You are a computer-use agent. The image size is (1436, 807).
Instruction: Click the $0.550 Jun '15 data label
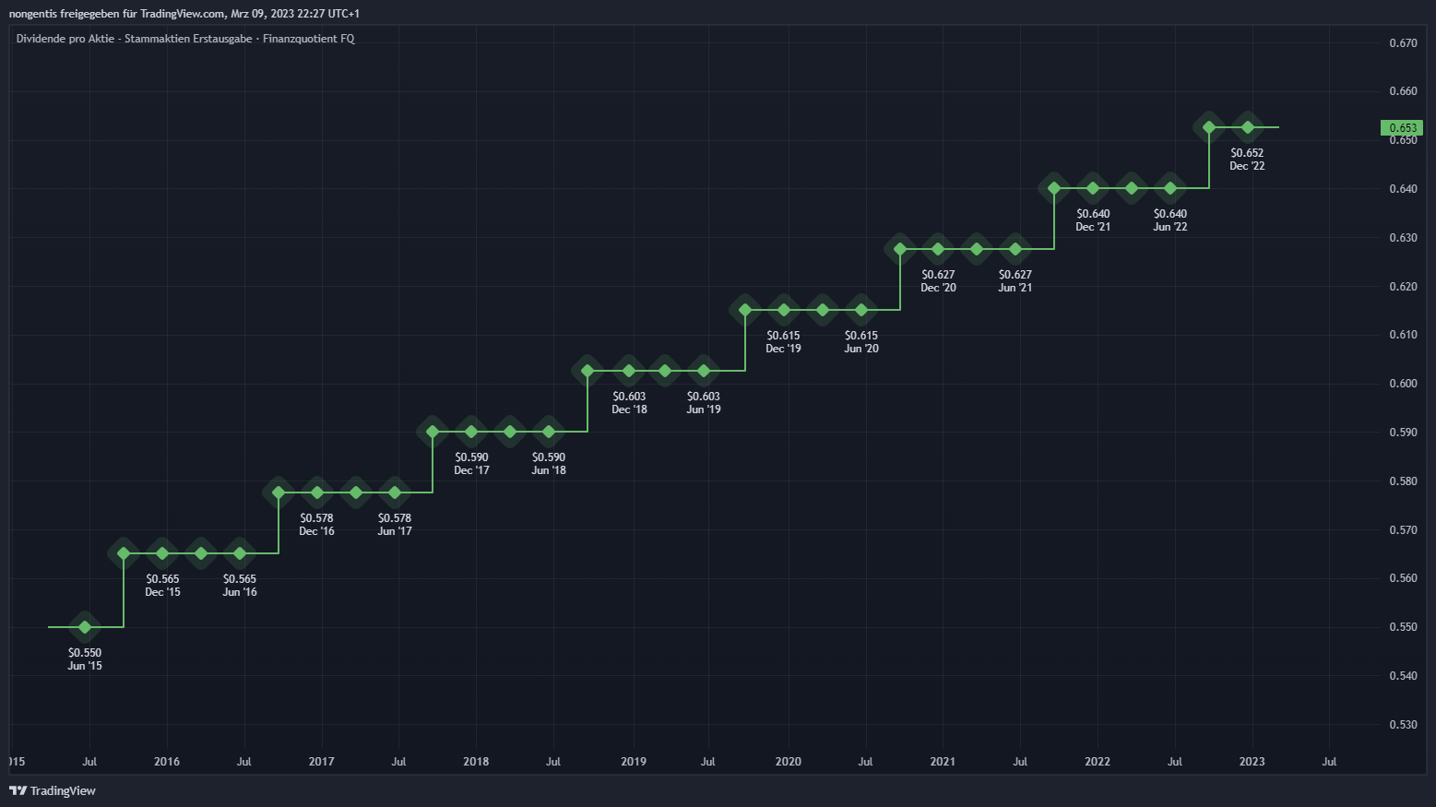click(85, 659)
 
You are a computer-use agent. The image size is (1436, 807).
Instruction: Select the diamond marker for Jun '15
click(85, 627)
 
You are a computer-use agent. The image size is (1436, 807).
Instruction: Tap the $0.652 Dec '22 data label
click(1247, 159)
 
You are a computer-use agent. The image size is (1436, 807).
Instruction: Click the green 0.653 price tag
click(1402, 128)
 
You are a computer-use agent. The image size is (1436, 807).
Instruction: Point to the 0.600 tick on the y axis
click(1403, 384)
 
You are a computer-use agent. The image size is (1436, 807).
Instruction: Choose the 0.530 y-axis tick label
click(1403, 725)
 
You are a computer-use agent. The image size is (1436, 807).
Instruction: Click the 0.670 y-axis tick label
click(1403, 43)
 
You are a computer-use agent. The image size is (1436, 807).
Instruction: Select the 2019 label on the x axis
click(634, 762)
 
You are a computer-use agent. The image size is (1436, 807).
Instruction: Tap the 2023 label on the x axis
click(1252, 762)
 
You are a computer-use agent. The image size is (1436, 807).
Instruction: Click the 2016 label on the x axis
click(167, 762)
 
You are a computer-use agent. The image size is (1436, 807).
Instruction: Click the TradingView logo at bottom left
click(53, 790)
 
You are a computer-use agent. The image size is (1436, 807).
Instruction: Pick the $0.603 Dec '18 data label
click(629, 402)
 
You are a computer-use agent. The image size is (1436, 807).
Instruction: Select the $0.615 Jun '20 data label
click(861, 341)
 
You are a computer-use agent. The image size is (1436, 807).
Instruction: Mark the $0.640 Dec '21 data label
click(1093, 220)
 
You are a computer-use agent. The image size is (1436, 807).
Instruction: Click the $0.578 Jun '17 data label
click(395, 524)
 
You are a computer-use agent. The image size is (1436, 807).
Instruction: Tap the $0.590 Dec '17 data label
click(471, 463)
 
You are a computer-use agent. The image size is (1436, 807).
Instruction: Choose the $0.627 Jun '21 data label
click(1015, 280)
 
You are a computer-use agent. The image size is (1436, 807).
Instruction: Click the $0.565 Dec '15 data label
click(162, 585)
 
